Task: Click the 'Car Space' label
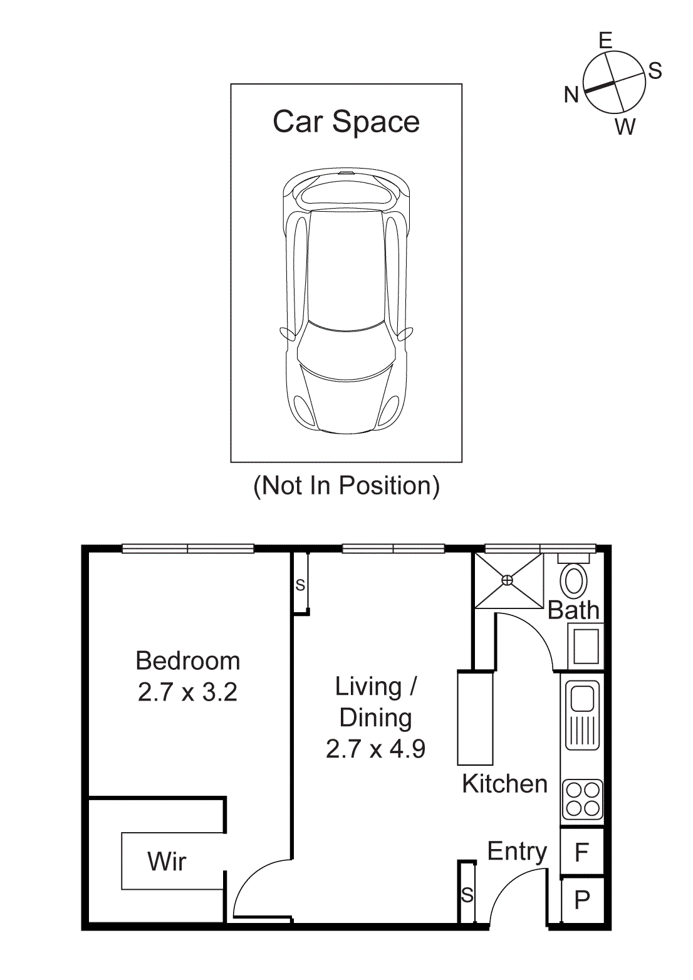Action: tap(346, 122)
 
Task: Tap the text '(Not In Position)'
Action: tap(346, 486)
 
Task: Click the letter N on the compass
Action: tap(571, 95)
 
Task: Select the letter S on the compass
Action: tap(655, 71)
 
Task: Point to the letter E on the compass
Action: tap(605, 41)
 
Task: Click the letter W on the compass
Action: tap(625, 127)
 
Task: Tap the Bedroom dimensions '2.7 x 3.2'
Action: tap(187, 692)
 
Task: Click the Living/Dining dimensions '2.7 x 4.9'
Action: tap(375, 749)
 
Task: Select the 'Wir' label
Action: tap(167, 862)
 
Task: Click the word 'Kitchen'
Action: tap(504, 784)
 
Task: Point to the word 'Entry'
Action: tap(517, 852)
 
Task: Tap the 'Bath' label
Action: tap(573, 610)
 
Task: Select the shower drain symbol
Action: tap(508, 580)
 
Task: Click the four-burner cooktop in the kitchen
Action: tap(583, 800)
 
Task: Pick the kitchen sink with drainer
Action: tap(583, 715)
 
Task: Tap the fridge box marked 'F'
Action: tap(582, 852)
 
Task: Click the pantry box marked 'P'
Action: tap(582, 900)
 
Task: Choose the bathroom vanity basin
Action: tap(586, 646)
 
